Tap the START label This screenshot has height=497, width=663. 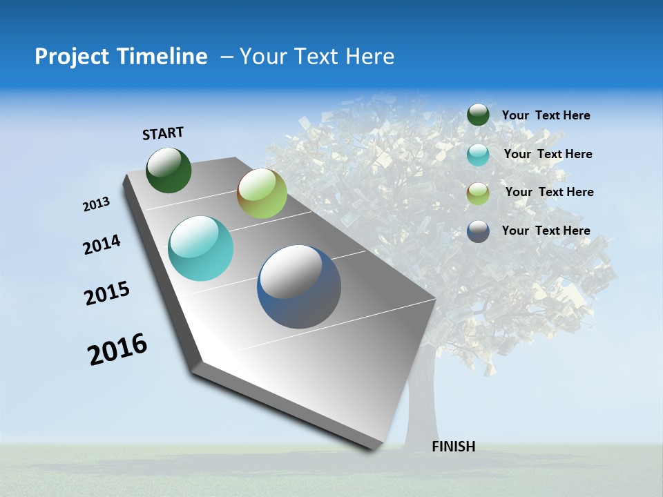[x=163, y=133]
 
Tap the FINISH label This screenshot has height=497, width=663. [x=453, y=447]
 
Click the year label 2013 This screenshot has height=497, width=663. [x=97, y=204]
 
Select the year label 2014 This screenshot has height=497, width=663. [x=102, y=245]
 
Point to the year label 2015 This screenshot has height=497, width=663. [x=107, y=293]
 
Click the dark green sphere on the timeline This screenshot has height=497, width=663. [x=169, y=170]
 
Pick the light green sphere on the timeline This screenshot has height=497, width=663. [x=262, y=193]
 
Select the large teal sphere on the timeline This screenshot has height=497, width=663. [x=201, y=248]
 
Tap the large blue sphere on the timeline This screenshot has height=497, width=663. [x=299, y=286]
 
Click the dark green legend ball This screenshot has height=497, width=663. [x=478, y=115]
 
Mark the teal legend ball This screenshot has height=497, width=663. [x=478, y=155]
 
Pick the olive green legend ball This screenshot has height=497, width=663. [x=478, y=193]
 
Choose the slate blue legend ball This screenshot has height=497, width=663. [x=478, y=231]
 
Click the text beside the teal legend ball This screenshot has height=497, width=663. [x=548, y=154]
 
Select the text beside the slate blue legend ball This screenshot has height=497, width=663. [x=546, y=231]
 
